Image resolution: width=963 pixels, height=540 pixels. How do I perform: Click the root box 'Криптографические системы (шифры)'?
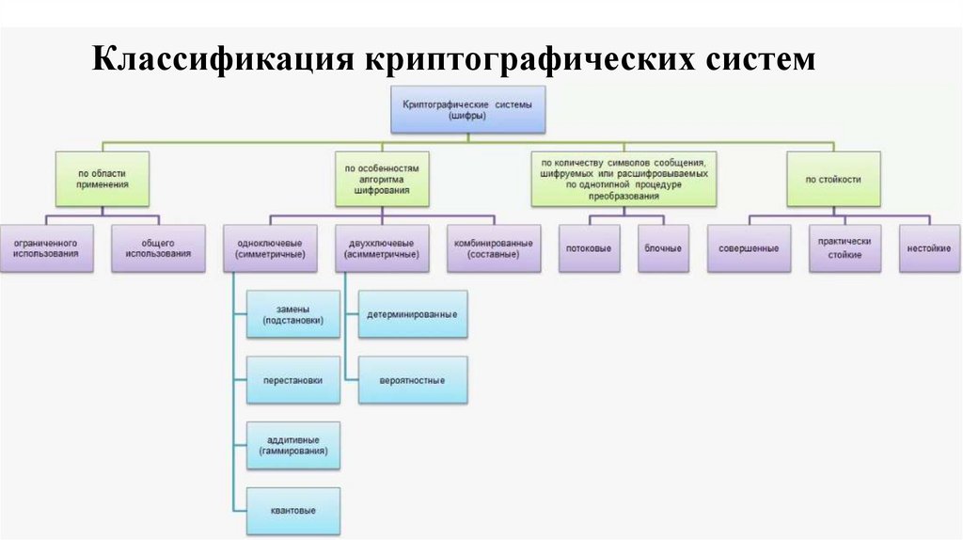[x=467, y=110]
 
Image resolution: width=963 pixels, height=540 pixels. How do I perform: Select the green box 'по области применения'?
[x=103, y=179]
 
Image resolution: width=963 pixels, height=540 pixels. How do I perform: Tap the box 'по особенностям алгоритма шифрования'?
[x=381, y=179]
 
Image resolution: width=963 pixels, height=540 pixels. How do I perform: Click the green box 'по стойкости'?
[x=833, y=179]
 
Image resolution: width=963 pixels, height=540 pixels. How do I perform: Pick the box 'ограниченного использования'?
[x=46, y=248]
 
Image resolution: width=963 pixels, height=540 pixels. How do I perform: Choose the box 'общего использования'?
[x=158, y=248]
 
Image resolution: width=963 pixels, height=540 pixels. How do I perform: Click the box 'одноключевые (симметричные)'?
[x=270, y=248]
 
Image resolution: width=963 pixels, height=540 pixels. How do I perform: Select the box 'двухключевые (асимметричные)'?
[x=382, y=248]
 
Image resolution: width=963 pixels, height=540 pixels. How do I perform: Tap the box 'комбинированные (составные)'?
[x=494, y=248]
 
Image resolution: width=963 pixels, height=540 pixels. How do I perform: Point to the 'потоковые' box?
[x=591, y=248]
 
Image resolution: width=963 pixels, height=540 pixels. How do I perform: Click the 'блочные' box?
[x=663, y=248]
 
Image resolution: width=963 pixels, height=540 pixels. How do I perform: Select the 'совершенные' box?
[x=749, y=248]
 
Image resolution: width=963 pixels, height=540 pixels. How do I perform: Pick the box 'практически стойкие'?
[x=845, y=248]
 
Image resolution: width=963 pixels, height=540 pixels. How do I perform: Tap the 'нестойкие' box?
[x=928, y=248]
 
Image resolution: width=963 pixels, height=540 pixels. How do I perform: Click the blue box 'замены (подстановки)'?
[x=292, y=314]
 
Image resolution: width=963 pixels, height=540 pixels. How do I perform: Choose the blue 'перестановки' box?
[x=292, y=381]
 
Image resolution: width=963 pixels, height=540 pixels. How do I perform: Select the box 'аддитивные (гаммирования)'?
[x=292, y=446]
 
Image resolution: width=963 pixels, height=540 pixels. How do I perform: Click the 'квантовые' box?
[x=292, y=511]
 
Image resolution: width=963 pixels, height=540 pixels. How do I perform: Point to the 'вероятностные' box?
[x=413, y=381]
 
